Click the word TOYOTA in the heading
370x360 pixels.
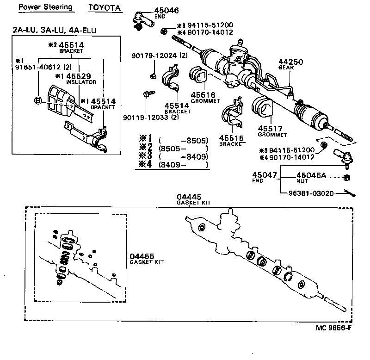point(105,8)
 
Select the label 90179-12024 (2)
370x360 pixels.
point(152,56)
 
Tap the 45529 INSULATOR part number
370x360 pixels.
point(75,76)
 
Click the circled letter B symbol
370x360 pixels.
point(38,100)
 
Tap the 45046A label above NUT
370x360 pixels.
point(311,174)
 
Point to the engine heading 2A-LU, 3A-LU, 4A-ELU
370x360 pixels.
point(55,30)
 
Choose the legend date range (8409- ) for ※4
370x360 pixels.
point(184,165)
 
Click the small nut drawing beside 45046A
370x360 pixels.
point(347,179)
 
